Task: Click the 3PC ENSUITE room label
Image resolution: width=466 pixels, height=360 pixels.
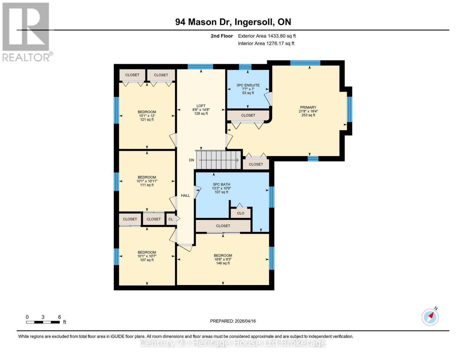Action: point(248,85)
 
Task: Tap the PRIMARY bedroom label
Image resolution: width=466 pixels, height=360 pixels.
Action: point(308,108)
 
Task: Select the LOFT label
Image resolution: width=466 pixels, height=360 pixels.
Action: point(201,106)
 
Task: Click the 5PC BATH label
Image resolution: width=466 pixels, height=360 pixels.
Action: point(221,185)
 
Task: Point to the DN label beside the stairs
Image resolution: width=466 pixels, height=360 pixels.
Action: point(191,160)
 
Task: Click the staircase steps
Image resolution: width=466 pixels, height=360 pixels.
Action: point(218,160)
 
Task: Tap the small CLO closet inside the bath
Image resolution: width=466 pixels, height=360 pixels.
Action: point(240,213)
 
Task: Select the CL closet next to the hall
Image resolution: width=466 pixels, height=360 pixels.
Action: point(170,219)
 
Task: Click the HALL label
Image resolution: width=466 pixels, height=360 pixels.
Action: point(185,196)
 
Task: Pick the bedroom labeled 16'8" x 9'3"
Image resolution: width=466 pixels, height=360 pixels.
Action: point(223,259)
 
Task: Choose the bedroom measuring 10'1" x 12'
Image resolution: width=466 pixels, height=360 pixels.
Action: point(147,116)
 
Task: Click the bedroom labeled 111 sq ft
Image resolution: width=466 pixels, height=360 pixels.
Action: point(147,181)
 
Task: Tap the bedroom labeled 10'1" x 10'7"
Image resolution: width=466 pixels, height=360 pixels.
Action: point(147,256)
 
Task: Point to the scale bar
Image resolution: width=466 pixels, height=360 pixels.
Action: point(43,322)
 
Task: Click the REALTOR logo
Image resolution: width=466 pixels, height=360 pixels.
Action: point(26,31)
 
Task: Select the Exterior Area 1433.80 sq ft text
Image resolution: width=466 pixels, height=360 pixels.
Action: point(267,36)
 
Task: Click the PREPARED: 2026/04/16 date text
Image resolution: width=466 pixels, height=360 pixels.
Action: point(233,321)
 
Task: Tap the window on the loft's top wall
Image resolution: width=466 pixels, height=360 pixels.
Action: point(200,67)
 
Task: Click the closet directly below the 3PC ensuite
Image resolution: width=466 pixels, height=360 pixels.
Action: point(248,115)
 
